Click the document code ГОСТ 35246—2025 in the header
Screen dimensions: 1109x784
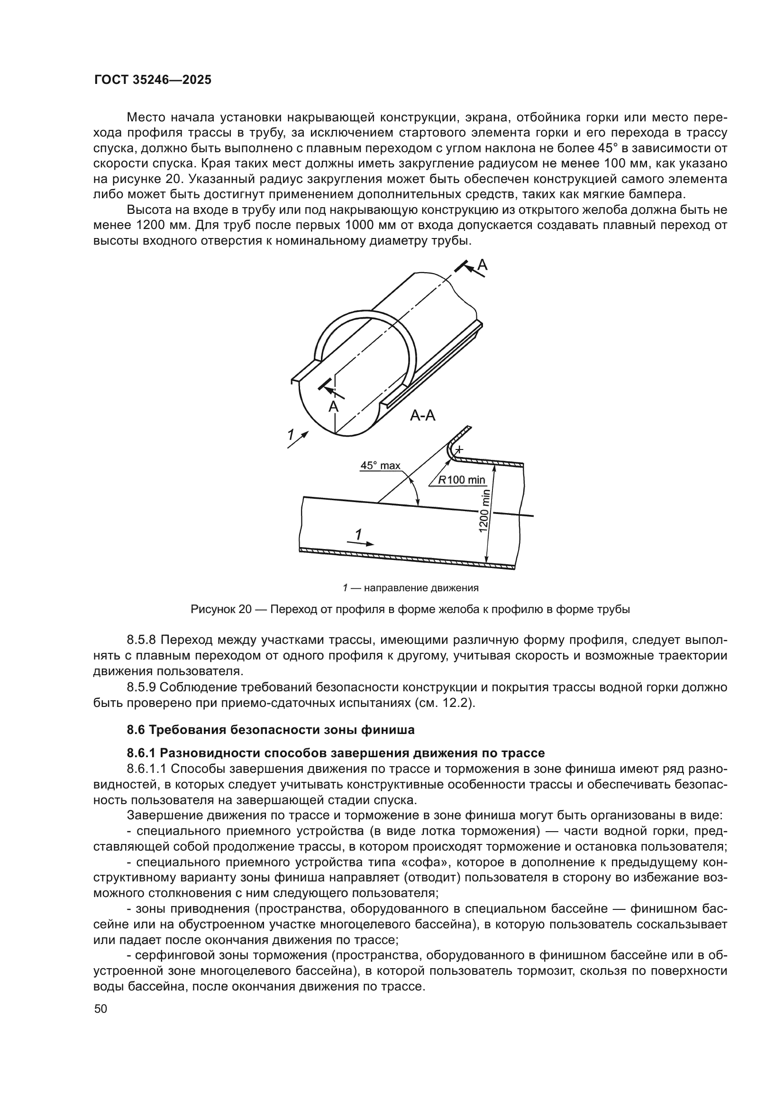pos(153,80)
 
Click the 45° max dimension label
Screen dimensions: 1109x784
pos(381,466)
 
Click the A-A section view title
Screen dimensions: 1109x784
pos(422,415)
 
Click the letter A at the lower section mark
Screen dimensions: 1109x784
pos(333,407)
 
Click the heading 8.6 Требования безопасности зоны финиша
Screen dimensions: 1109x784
pos(270,730)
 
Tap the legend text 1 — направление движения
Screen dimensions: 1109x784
pos(410,588)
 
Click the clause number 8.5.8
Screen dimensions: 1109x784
pos(142,641)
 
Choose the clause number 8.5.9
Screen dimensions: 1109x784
pos(142,687)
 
